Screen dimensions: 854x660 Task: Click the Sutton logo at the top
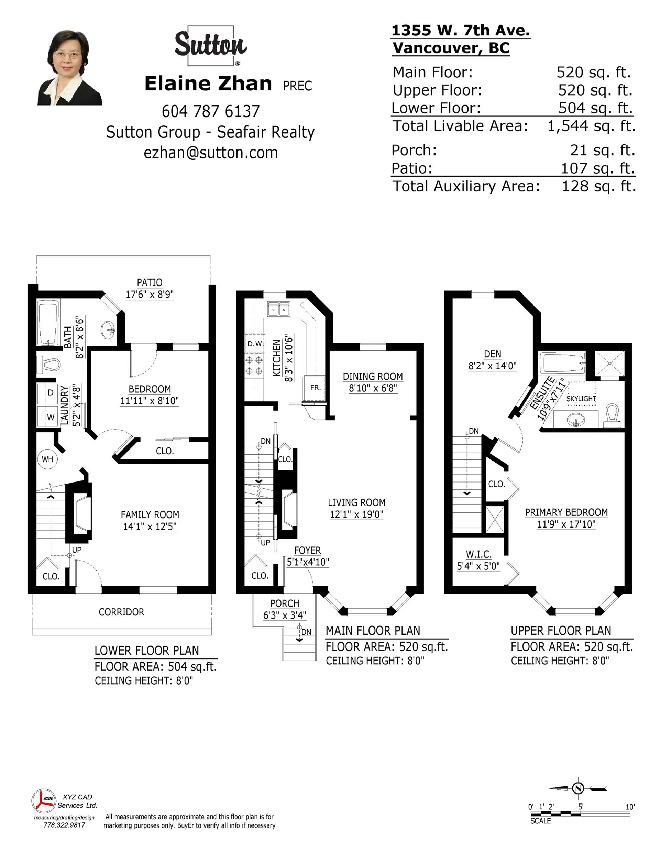210,45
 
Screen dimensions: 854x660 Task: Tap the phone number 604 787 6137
210,111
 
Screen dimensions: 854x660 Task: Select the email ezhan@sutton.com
210,153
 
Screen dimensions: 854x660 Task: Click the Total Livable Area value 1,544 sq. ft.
591,126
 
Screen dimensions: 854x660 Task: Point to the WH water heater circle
47,459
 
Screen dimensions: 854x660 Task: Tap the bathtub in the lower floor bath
48,322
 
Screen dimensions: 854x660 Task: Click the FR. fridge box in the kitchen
315,388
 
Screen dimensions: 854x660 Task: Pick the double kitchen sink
278,309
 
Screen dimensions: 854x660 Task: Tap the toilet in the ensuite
612,416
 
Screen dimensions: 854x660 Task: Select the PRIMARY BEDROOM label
566,512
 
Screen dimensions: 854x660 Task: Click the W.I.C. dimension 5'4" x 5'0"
478,566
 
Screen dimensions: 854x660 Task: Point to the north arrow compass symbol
578,788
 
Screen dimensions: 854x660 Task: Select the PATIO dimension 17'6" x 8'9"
150,295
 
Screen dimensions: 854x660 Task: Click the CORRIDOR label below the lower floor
121,612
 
